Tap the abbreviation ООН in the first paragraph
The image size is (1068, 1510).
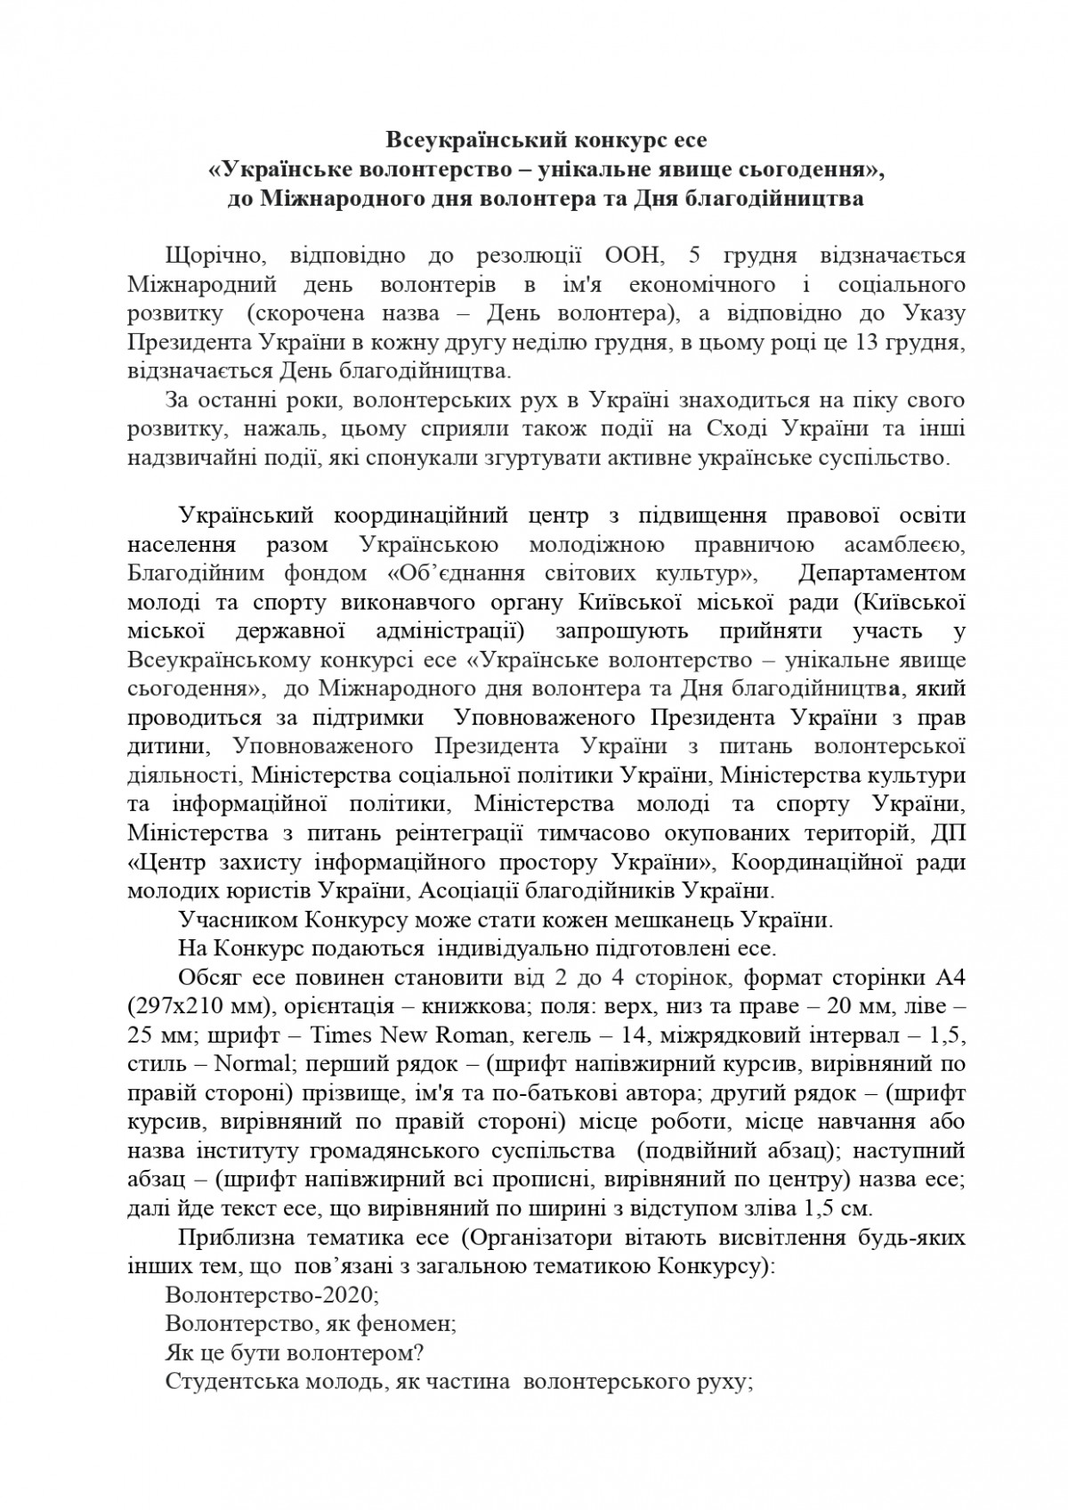(633, 256)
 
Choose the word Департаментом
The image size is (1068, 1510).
(882, 572)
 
